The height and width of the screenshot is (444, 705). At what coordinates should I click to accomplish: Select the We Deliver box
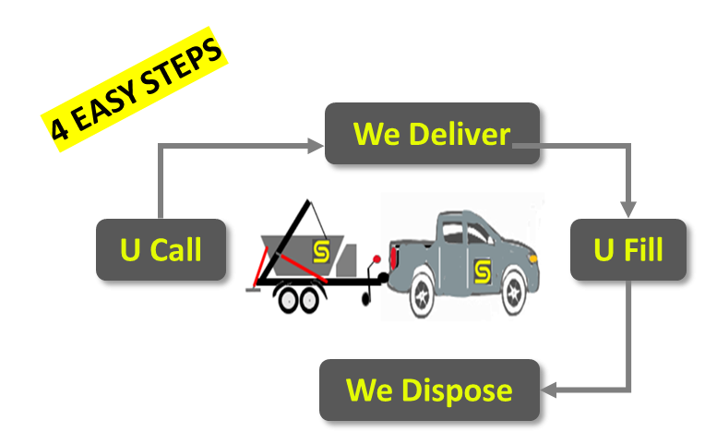(x=431, y=135)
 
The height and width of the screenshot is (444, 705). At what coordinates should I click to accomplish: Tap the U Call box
(x=161, y=249)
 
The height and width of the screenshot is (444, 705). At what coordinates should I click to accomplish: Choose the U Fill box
(x=627, y=249)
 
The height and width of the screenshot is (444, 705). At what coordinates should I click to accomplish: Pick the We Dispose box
(x=429, y=390)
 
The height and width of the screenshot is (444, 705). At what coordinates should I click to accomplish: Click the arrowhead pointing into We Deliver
(x=316, y=145)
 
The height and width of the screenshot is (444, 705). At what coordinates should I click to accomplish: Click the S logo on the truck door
(x=482, y=270)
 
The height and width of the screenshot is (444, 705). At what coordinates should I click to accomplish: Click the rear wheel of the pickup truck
(x=421, y=294)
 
